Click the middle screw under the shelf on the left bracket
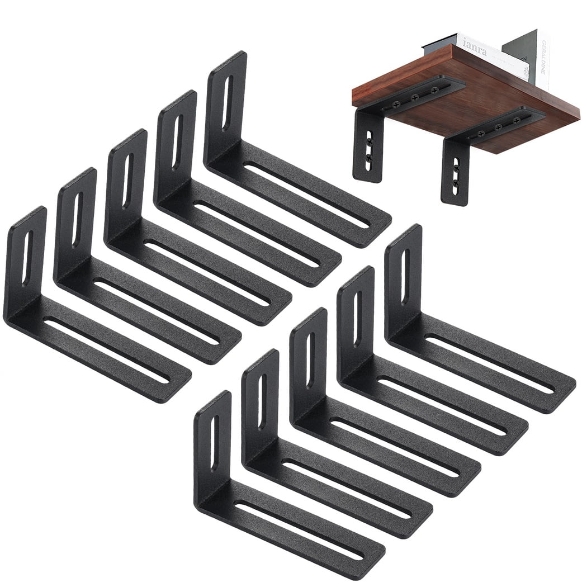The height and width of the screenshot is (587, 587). coord(414,97)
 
